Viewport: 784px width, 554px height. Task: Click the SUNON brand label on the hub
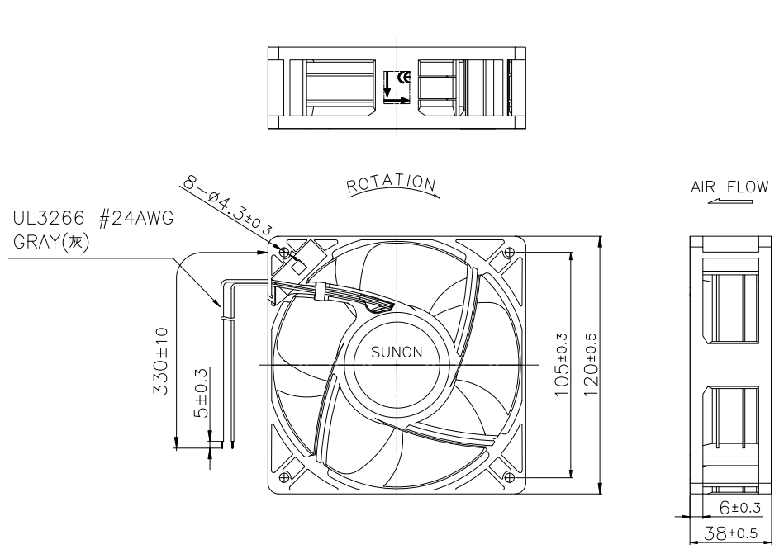click(x=397, y=353)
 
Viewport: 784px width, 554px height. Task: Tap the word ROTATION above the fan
click(x=392, y=183)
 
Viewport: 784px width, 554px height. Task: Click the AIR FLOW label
click(x=729, y=187)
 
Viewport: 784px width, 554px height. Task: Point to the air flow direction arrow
click(x=730, y=201)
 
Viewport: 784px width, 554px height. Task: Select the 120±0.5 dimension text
click(x=591, y=365)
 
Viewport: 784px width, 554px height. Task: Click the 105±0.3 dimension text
click(x=562, y=365)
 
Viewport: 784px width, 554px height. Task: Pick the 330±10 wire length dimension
click(x=161, y=361)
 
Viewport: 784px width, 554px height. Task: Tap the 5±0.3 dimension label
click(x=201, y=393)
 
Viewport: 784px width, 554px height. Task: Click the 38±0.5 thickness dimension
click(x=730, y=533)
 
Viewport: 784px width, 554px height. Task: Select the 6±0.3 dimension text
click(x=740, y=508)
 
